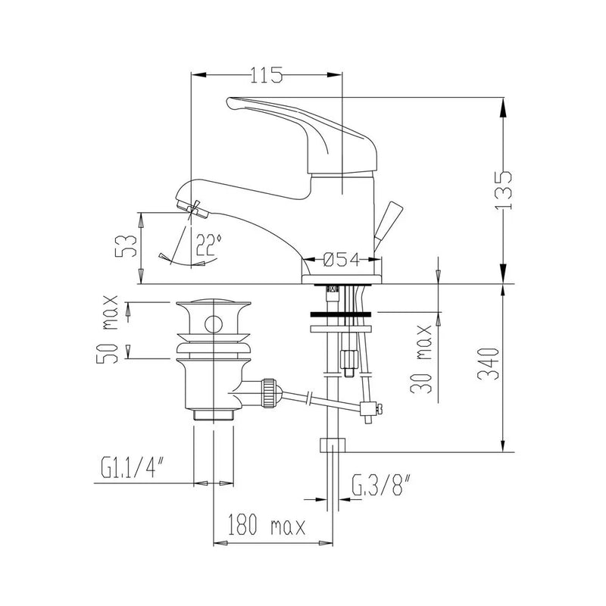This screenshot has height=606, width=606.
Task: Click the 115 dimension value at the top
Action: click(x=265, y=74)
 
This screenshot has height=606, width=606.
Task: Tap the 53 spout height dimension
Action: click(x=130, y=246)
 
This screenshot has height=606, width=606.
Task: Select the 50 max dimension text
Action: click(x=108, y=331)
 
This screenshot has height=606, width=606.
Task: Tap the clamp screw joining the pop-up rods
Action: click(x=370, y=410)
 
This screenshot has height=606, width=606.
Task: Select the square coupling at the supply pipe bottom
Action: click(x=333, y=445)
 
